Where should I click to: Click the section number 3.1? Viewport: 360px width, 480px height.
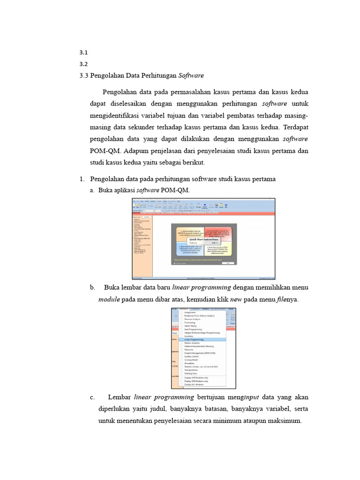coord(84,52)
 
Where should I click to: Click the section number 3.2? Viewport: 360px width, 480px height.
coord(84,64)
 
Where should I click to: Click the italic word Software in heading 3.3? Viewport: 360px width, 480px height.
coord(191,75)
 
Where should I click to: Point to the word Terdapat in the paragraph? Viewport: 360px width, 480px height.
coord(295,127)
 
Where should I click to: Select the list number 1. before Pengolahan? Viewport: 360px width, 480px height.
coord(82,179)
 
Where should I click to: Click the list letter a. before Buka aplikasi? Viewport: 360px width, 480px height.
coord(92,190)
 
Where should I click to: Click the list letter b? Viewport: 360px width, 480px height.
coord(92,287)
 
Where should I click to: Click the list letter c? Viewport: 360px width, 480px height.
coord(92,397)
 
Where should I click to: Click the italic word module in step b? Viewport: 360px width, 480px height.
coord(109,299)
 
